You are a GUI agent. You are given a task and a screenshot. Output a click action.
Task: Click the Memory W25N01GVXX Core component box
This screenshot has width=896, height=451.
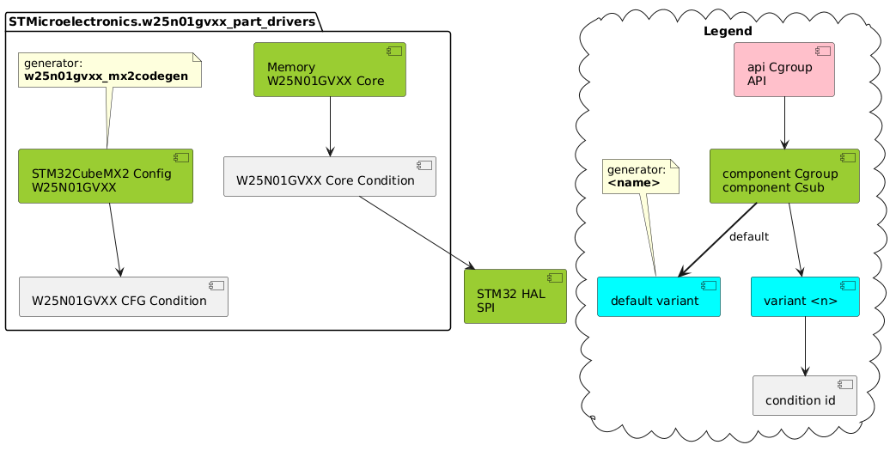click(330, 70)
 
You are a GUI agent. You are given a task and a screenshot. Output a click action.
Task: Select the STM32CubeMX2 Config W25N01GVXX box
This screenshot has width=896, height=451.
click(106, 176)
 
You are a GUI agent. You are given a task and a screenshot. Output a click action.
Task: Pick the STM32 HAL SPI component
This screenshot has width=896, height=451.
click(515, 296)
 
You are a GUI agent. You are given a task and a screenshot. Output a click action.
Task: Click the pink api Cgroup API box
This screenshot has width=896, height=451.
click(784, 70)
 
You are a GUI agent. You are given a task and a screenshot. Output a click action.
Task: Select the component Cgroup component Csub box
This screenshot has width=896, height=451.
click(784, 176)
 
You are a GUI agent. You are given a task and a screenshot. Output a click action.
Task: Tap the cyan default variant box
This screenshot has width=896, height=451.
click(658, 296)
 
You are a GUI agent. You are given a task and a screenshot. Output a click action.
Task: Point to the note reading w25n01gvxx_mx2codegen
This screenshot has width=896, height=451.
click(109, 70)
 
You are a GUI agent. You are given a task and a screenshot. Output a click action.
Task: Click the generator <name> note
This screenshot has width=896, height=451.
click(641, 176)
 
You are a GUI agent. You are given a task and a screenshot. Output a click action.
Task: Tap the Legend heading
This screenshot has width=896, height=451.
click(728, 32)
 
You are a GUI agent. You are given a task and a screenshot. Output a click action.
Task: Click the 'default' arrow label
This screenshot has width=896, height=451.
click(748, 236)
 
